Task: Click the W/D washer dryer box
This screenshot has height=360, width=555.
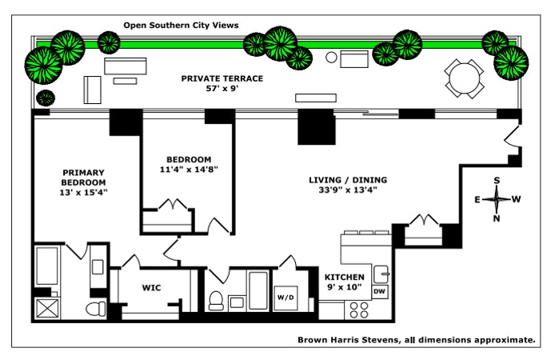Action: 286,298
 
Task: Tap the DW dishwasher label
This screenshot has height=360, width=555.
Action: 380,292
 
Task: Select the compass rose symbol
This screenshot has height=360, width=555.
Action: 497,198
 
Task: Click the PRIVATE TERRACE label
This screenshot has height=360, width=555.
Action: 222,78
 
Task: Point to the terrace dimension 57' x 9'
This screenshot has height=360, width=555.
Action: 222,89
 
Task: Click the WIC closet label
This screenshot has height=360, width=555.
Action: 153,287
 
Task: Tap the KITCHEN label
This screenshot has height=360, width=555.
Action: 345,277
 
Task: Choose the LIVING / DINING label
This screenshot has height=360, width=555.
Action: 343,179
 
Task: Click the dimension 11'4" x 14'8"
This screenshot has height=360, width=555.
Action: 189,169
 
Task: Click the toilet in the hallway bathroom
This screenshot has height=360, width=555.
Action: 216,301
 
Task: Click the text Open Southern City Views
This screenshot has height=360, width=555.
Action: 181,26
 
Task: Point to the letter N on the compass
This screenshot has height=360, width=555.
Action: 497,218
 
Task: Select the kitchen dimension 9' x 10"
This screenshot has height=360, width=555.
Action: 345,286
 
